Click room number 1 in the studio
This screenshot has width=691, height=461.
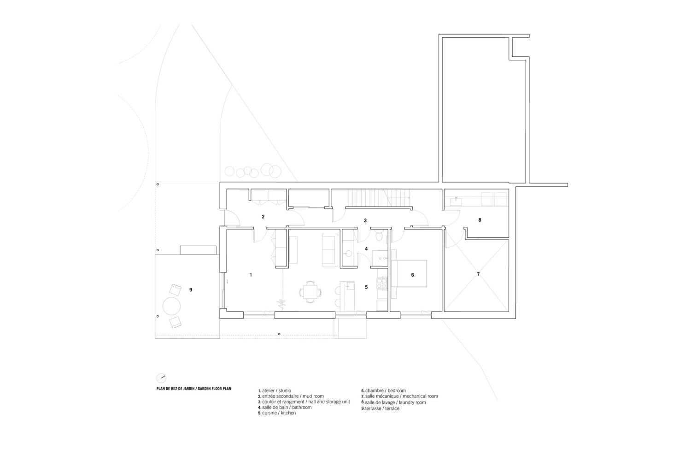tap(251, 275)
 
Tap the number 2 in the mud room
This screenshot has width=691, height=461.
tap(263, 217)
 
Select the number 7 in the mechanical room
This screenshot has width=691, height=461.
tap(479, 274)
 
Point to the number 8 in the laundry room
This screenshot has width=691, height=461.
tap(480, 220)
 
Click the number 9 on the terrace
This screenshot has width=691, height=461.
tap(191, 290)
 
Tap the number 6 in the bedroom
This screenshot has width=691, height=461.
tap(412, 275)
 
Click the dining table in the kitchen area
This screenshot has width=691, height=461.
tap(310, 291)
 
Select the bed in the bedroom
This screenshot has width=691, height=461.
tap(409, 274)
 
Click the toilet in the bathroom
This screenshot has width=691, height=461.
tap(379, 236)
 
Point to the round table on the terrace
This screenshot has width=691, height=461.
tap(171, 306)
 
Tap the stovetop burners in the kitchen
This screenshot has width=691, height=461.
tap(382, 284)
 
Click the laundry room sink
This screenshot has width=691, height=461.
tap(456, 201)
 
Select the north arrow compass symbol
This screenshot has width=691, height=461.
tap(161, 378)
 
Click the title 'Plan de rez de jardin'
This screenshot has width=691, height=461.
tap(176, 389)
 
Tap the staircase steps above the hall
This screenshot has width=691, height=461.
tap(379, 198)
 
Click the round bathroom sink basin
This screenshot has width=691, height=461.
tap(348, 254)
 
